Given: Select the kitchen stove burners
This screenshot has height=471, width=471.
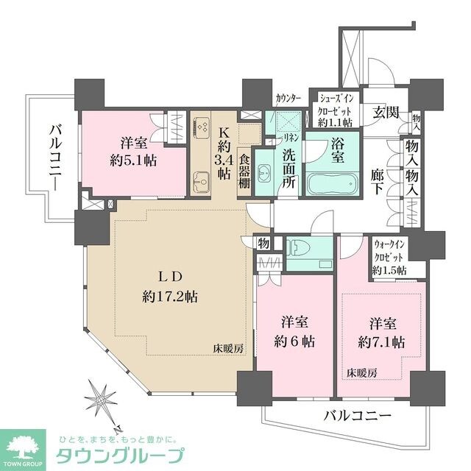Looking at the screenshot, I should (x=200, y=128).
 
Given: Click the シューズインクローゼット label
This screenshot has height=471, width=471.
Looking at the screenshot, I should (x=334, y=108).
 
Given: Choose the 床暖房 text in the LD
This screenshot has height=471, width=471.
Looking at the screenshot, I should (x=228, y=347).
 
